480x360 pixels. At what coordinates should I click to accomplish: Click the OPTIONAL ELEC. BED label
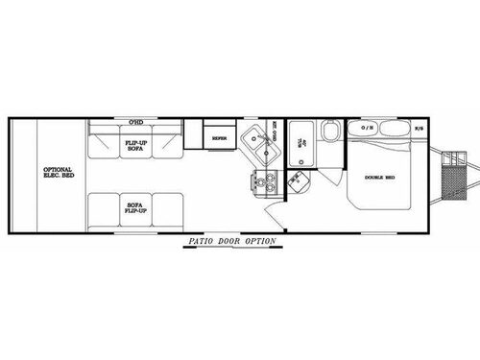tap(54, 173)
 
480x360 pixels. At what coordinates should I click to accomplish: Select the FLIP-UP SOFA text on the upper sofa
tap(135, 145)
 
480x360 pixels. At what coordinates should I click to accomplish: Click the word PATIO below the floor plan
tap(202, 241)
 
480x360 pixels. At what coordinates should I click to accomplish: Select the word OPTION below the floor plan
tap(260, 241)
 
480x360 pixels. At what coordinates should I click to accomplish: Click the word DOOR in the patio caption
tap(229, 241)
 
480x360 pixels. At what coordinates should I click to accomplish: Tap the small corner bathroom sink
tap(303, 180)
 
